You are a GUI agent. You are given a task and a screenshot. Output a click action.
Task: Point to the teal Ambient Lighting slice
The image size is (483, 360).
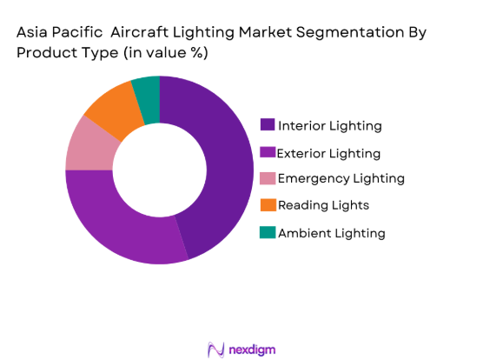(148, 89)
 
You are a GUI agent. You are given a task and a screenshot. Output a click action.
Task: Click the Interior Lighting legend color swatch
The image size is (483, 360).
(268, 125)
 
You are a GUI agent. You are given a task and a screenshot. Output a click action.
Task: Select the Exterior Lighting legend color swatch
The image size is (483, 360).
(268, 152)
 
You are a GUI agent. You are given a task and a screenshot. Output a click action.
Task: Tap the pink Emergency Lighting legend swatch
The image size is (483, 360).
(268, 178)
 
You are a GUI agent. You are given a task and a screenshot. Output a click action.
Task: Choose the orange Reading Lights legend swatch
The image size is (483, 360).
(268, 205)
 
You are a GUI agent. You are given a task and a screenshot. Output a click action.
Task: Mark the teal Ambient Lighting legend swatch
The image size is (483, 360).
(268, 232)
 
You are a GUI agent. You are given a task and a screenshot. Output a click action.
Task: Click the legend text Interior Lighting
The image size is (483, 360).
(329, 126)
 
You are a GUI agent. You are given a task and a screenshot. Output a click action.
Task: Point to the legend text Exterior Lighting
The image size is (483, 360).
(328, 153)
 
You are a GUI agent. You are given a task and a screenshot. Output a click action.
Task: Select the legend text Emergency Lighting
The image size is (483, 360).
(341, 179)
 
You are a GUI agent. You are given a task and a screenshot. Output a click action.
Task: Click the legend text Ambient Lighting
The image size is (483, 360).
(331, 233)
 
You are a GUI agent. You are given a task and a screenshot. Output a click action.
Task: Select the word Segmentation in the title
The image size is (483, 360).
(334, 31)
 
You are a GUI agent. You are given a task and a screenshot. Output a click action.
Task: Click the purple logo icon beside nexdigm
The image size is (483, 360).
(215, 348)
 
